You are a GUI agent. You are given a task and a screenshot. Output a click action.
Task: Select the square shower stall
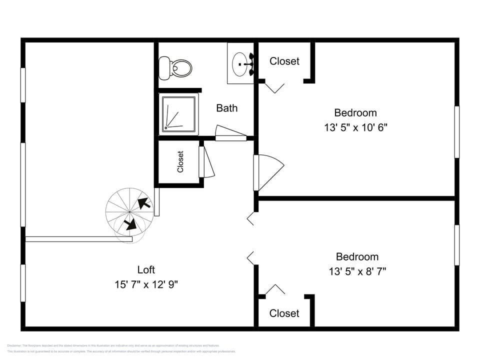[178, 115]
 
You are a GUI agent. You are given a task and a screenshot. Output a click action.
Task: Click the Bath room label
[226, 108]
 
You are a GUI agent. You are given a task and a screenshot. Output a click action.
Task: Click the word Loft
[146, 270]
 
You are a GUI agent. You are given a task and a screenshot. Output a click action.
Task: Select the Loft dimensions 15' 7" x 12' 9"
[146, 284]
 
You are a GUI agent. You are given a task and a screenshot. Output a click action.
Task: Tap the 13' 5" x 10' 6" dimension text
[355, 127]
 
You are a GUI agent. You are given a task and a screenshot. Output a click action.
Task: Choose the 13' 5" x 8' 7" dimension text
[357, 271]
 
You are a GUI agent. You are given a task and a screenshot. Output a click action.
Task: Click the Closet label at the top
[284, 61]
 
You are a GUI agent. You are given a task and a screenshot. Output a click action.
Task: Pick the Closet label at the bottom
[284, 313]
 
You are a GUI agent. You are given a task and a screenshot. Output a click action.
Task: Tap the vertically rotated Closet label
[180, 161]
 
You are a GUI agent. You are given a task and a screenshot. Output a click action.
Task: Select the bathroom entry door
[231, 133]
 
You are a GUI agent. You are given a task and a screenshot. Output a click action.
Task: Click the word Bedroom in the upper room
[355, 112]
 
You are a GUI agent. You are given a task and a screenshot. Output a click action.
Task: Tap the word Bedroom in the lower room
[357, 256]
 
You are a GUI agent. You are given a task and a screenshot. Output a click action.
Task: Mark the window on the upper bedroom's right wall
[456, 131]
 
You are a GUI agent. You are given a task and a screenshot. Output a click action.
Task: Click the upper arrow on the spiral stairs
[144, 202]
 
